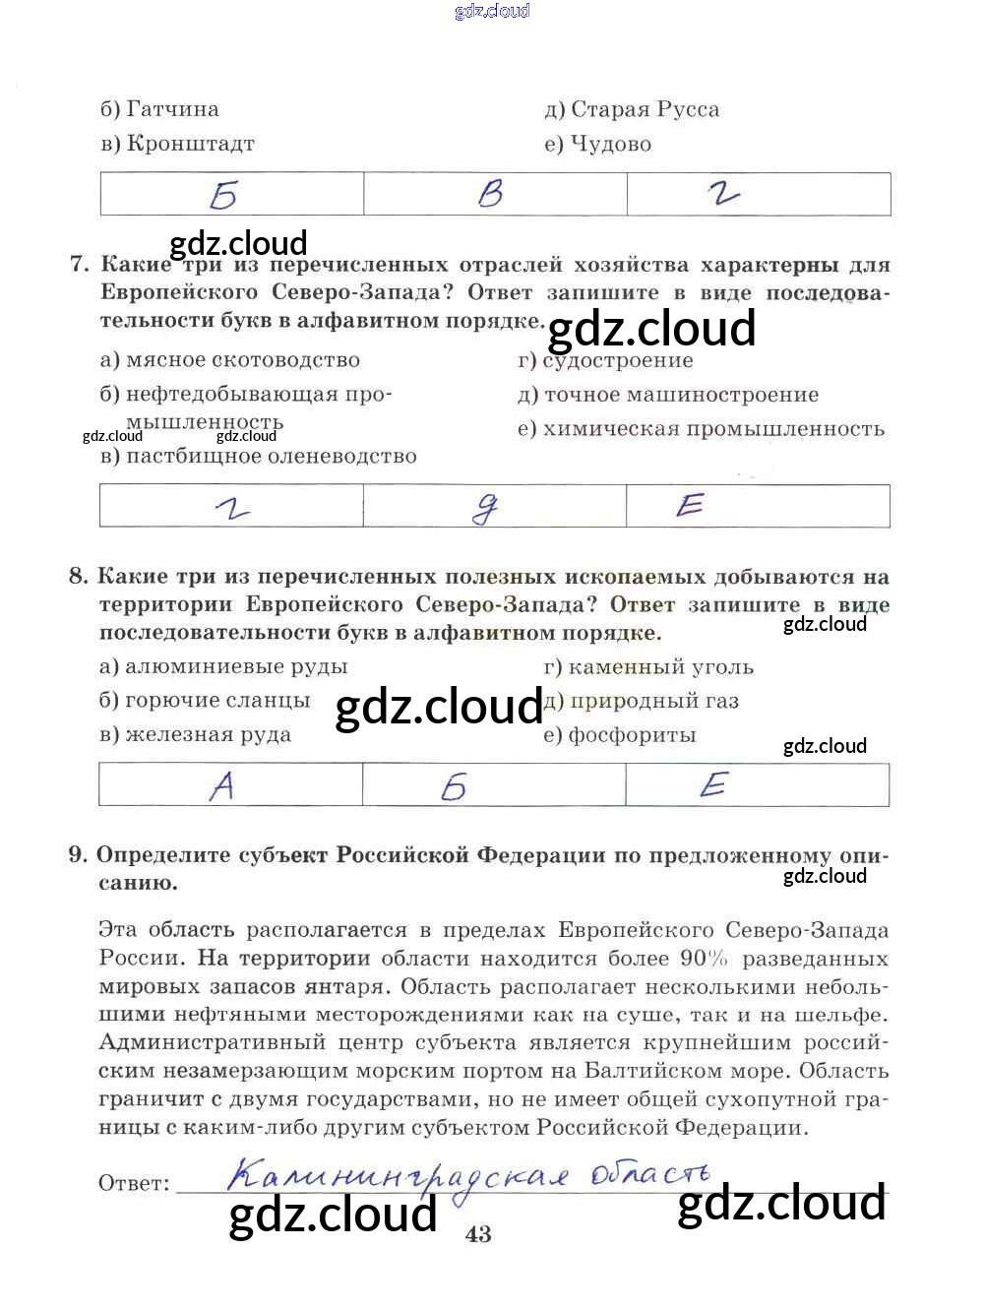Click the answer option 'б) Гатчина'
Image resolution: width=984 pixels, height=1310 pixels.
pos(159,109)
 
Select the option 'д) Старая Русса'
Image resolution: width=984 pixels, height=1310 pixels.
pos(632,109)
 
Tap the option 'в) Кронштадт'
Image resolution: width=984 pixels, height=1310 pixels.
pos(177,144)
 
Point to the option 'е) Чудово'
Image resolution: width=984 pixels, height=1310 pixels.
pos(597,144)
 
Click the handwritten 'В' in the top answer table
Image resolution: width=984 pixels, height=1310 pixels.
pos(490,194)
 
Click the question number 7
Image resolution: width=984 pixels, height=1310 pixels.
pos(80,265)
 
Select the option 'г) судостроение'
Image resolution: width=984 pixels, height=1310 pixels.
pos(605,360)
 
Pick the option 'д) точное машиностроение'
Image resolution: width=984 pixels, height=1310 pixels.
pos(668,395)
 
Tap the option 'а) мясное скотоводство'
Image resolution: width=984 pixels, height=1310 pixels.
pos(230,360)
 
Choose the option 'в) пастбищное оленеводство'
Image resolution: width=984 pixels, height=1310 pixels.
pos(258,456)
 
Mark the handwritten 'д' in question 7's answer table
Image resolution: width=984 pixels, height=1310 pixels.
pos(485,507)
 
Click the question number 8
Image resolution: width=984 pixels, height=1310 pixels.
pos(79,577)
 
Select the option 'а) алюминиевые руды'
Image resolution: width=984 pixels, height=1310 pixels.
pos(223,666)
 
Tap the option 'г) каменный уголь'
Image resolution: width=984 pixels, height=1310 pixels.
pos(648,666)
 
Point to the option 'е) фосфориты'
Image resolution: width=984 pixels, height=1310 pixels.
pos(620,734)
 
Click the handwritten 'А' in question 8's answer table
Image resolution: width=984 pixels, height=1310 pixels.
pos(222,785)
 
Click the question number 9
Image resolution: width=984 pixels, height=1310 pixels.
pos(78,854)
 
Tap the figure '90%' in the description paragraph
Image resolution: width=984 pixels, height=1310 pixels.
pos(704,958)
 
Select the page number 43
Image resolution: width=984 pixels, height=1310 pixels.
pos(478,1234)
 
